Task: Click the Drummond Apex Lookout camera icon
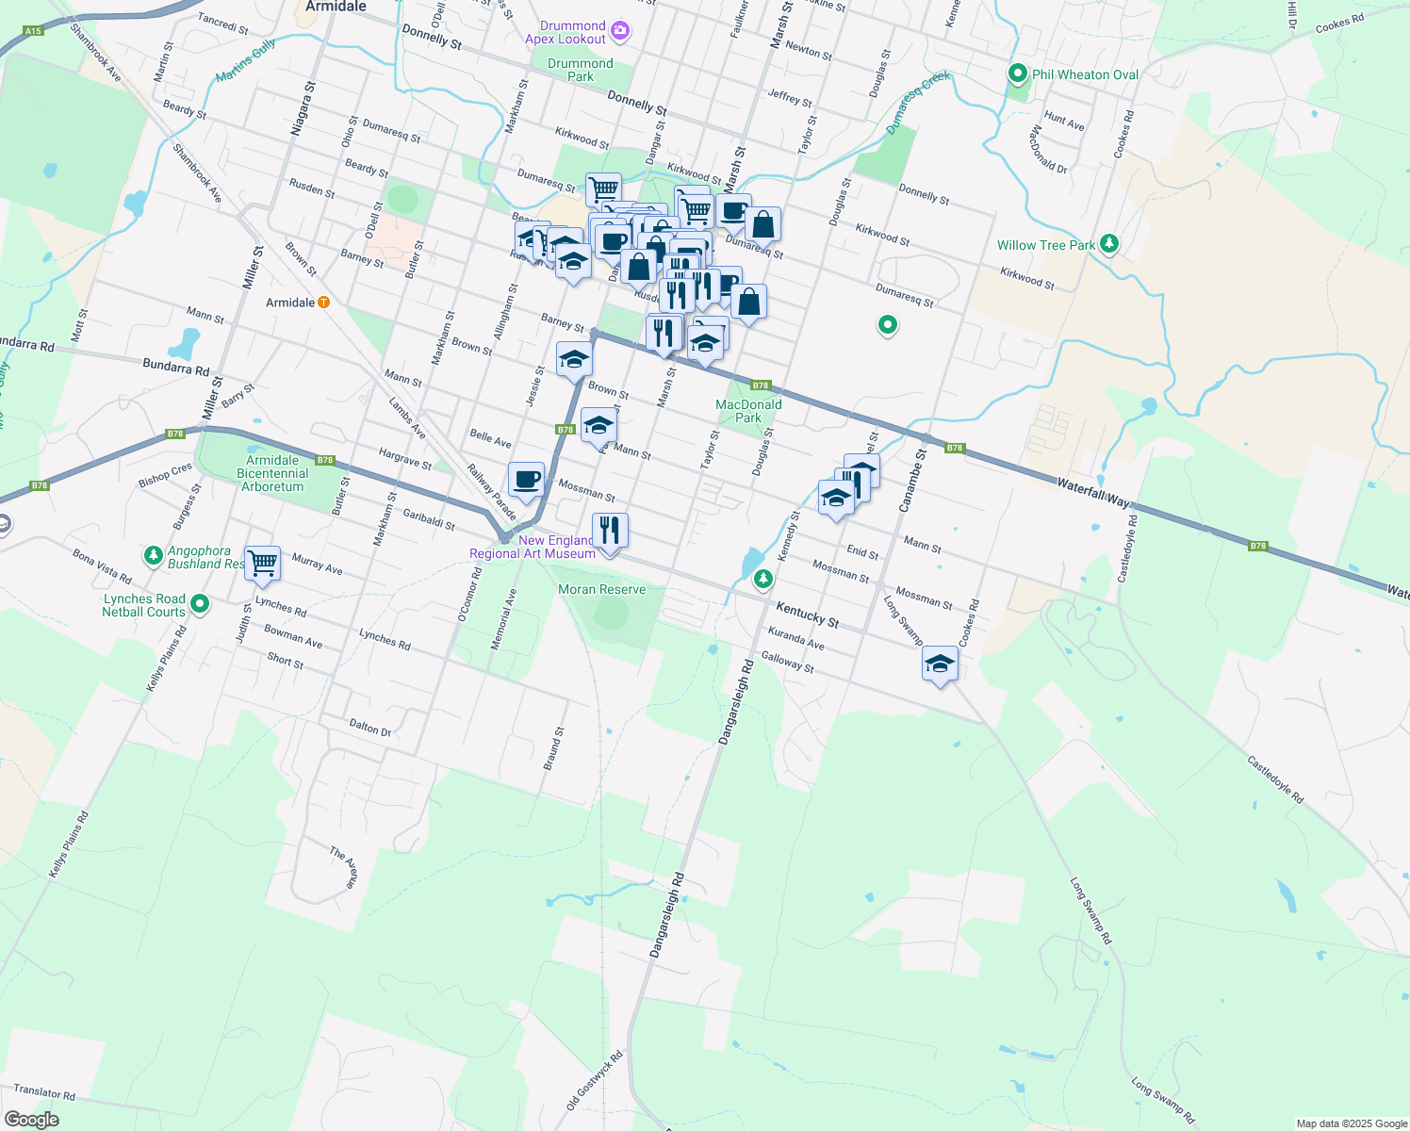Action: pos(620,31)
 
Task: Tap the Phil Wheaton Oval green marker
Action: pos(1017,74)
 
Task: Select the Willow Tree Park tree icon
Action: pos(1109,244)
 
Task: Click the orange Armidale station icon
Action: pos(323,303)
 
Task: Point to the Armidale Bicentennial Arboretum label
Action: pos(272,473)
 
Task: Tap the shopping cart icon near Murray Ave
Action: pos(263,564)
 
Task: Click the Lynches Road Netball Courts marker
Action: pos(199,603)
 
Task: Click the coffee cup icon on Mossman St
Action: pos(527,479)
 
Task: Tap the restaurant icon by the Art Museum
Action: pos(610,531)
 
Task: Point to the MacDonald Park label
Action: pos(748,411)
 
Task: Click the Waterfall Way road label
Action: pos(1092,492)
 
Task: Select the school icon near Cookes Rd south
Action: pos(940,664)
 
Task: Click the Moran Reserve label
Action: pos(602,589)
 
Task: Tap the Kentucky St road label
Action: pos(807,615)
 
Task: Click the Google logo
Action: pos(32,1120)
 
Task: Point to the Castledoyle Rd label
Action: pos(1274,779)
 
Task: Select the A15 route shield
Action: pos(33,31)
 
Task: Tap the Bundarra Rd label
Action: pos(175,367)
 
